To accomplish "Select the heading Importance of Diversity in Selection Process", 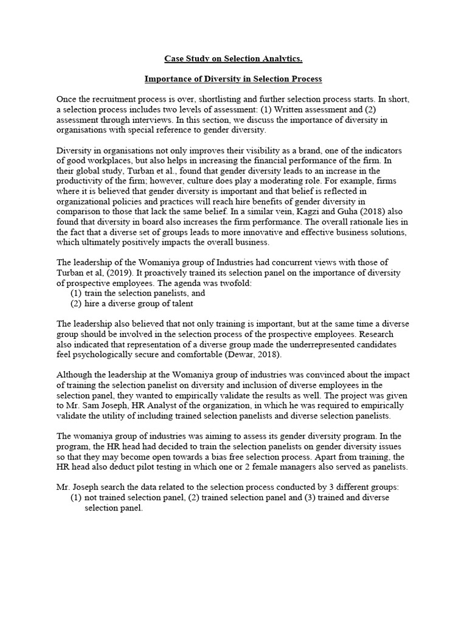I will click(233, 79).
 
